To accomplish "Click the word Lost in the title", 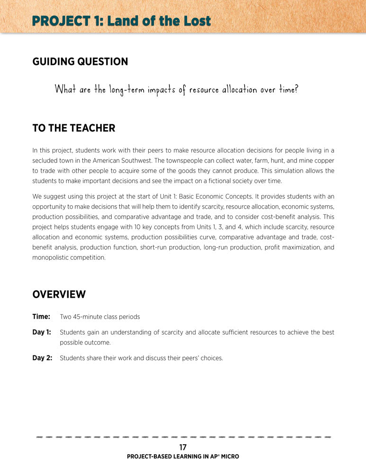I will [x=193, y=21].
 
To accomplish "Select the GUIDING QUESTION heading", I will [x=80, y=62].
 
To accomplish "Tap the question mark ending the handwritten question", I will [x=296, y=89].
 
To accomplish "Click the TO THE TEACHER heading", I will [x=73, y=128].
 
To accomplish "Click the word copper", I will [x=324, y=160].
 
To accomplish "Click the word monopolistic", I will [x=51, y=258].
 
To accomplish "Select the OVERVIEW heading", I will [x=59, y=294].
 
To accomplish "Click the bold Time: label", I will [x=41, y=317].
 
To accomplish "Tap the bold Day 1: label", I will [x=42, y=332].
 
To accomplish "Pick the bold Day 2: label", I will [x=42, y=358].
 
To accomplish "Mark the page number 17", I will [x=183, y=447].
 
